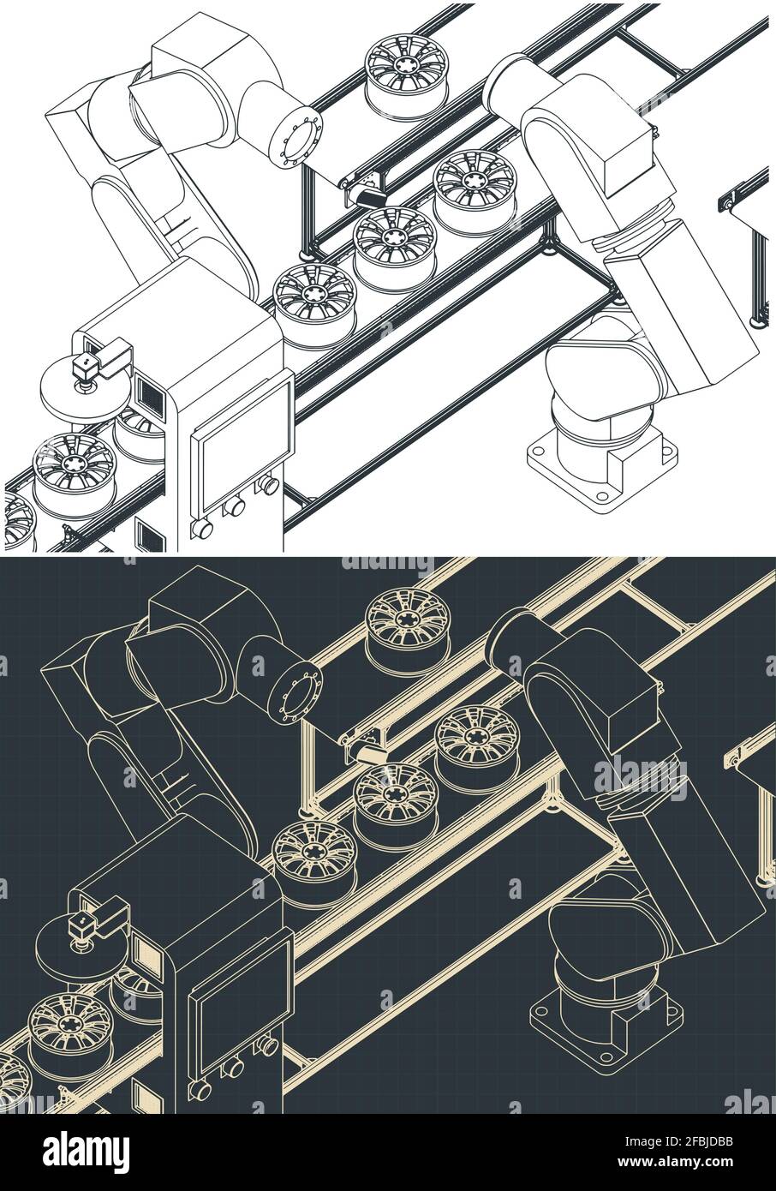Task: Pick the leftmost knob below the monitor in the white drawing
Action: tap(202, 529)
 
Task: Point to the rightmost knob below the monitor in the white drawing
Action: tap(269, 486)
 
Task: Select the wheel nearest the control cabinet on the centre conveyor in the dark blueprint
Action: tap(314, 853)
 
